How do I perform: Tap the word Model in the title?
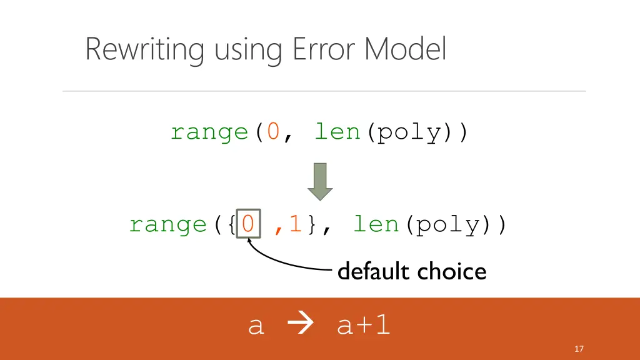pos(406,49)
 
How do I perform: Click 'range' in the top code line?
pos(209,132)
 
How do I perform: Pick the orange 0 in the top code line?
pos(273,132)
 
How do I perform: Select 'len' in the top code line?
pos(337,132)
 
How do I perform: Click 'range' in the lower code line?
pos(167,224)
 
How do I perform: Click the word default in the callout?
pos(374,271)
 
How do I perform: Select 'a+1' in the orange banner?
pos(363,325)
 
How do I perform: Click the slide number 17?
pos(579,349)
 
